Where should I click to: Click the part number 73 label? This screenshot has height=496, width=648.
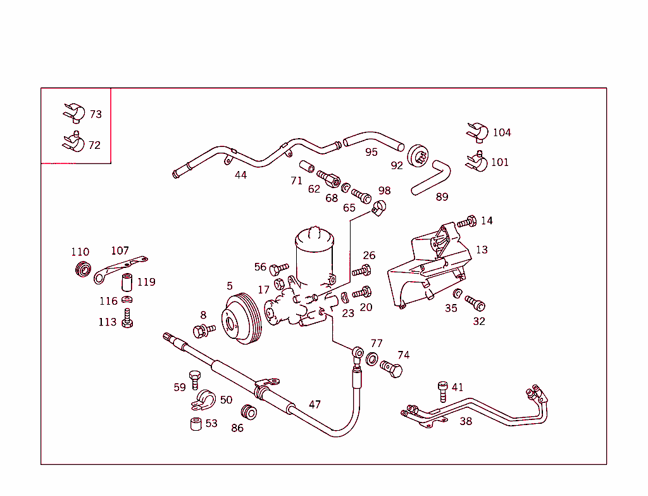96,115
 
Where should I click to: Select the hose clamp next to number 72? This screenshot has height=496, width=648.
73,143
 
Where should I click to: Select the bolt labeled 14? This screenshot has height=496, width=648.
467,222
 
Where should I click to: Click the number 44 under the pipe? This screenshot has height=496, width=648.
240,175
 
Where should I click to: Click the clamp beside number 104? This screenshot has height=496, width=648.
477,132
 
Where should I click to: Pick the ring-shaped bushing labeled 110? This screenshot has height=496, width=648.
82,269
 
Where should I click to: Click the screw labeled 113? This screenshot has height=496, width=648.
128,319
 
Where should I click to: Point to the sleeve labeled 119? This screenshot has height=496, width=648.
127,281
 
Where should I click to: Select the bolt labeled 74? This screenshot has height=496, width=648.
392,370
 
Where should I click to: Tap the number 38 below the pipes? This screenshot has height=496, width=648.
466,421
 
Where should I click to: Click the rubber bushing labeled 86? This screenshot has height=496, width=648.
249,413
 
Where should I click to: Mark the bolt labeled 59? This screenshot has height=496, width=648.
194,379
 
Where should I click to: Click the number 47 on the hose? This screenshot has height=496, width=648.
315,405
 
